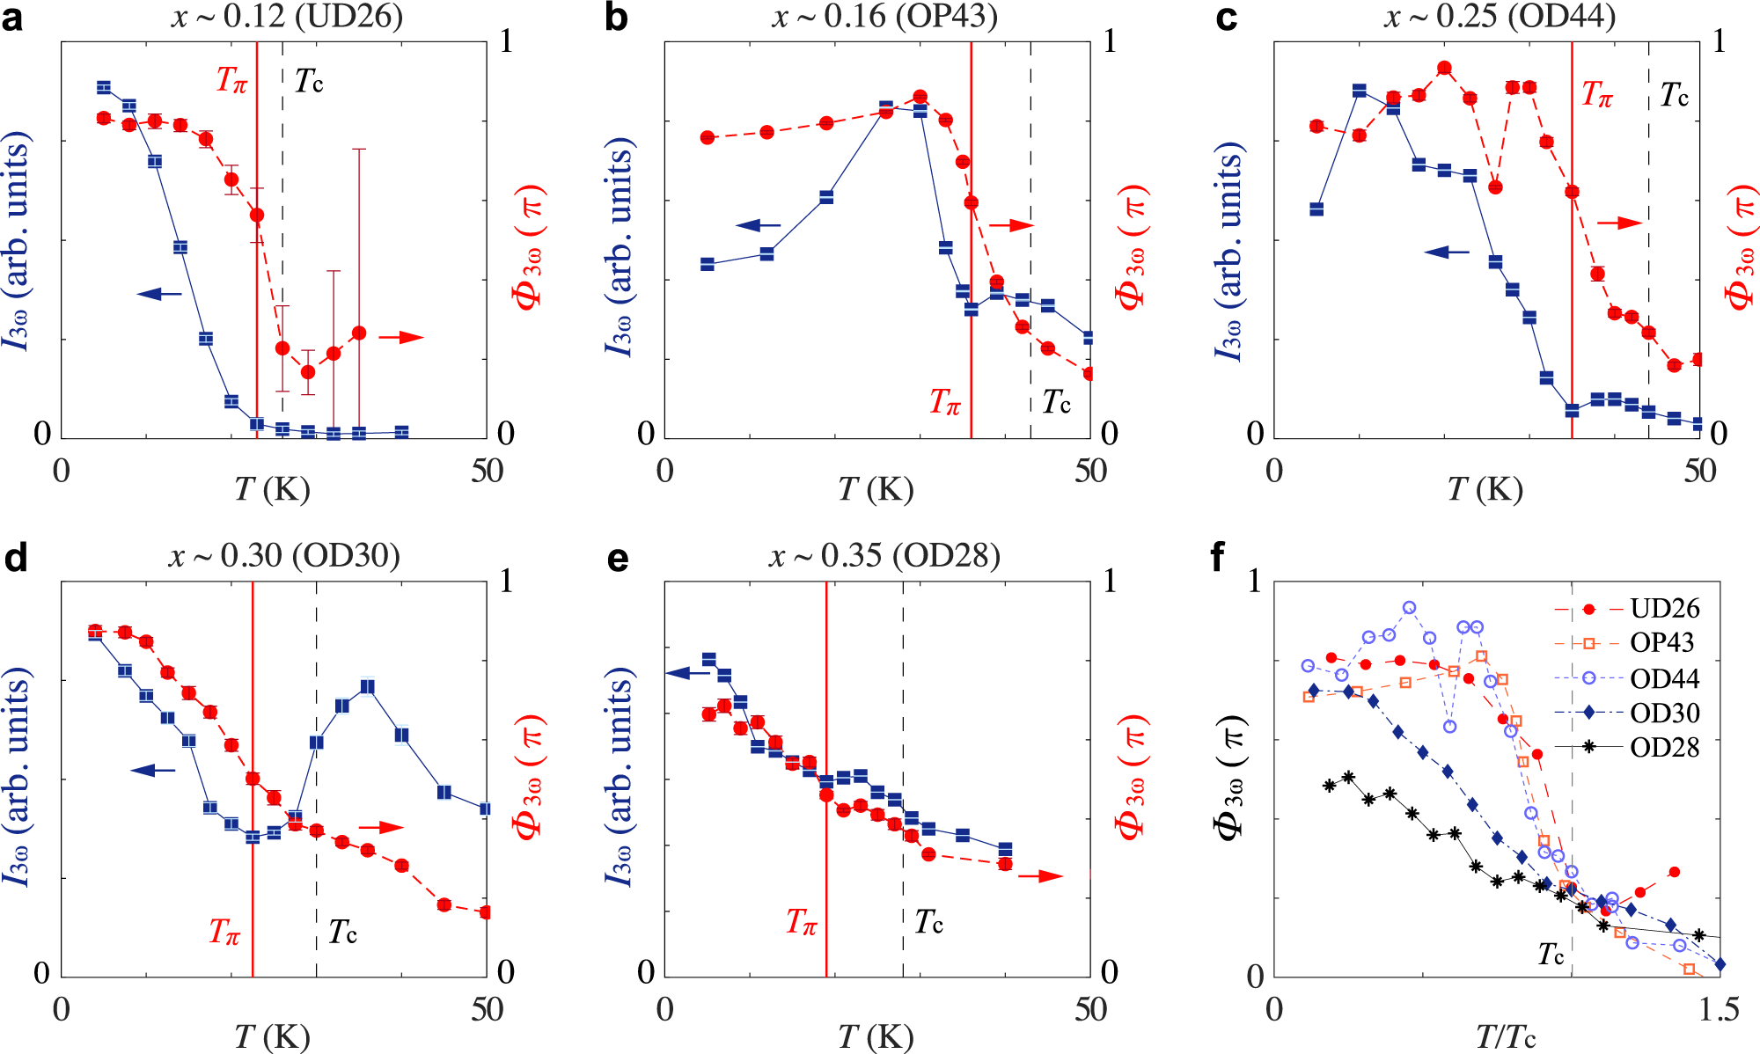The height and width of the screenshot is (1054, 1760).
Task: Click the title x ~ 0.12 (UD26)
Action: (x=287, y=17)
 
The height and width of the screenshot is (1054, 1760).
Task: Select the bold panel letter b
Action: (x=616, y=18)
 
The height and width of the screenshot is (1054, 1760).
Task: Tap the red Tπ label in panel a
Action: (x=232, y=80)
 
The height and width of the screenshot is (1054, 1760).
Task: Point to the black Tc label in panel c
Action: (x=1675, y=95)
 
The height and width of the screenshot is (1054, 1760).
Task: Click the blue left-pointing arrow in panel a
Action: (x=159, y=293)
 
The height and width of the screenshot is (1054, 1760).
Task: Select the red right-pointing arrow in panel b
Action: (x=1012, y=226)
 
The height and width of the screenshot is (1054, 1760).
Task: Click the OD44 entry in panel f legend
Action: (x=1664, y=678)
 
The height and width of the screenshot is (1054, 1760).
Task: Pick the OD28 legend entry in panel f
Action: (x=1664, y=748)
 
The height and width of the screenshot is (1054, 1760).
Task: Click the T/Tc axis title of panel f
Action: (x=1506, y=1038)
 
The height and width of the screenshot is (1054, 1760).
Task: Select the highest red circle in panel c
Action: (x=1444, y=68)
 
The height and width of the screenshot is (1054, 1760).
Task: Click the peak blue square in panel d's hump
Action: (x=368, y=686)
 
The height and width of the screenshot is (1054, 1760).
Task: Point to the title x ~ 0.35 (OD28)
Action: (x=884, y=556)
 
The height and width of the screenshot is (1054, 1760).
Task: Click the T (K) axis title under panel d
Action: (x=272, y=1038)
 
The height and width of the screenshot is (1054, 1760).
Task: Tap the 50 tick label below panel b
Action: (x=1090, y=472)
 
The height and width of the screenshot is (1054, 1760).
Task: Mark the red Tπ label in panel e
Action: (x=802, y=922)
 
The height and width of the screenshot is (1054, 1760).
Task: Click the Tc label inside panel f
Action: (x=1551, y=954)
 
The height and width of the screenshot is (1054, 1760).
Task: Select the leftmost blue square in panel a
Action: (x=104, y=87)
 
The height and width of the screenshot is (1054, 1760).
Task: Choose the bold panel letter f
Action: (x=1219, y=557)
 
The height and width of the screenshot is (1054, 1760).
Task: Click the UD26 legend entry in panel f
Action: (x=1664, y=609)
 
